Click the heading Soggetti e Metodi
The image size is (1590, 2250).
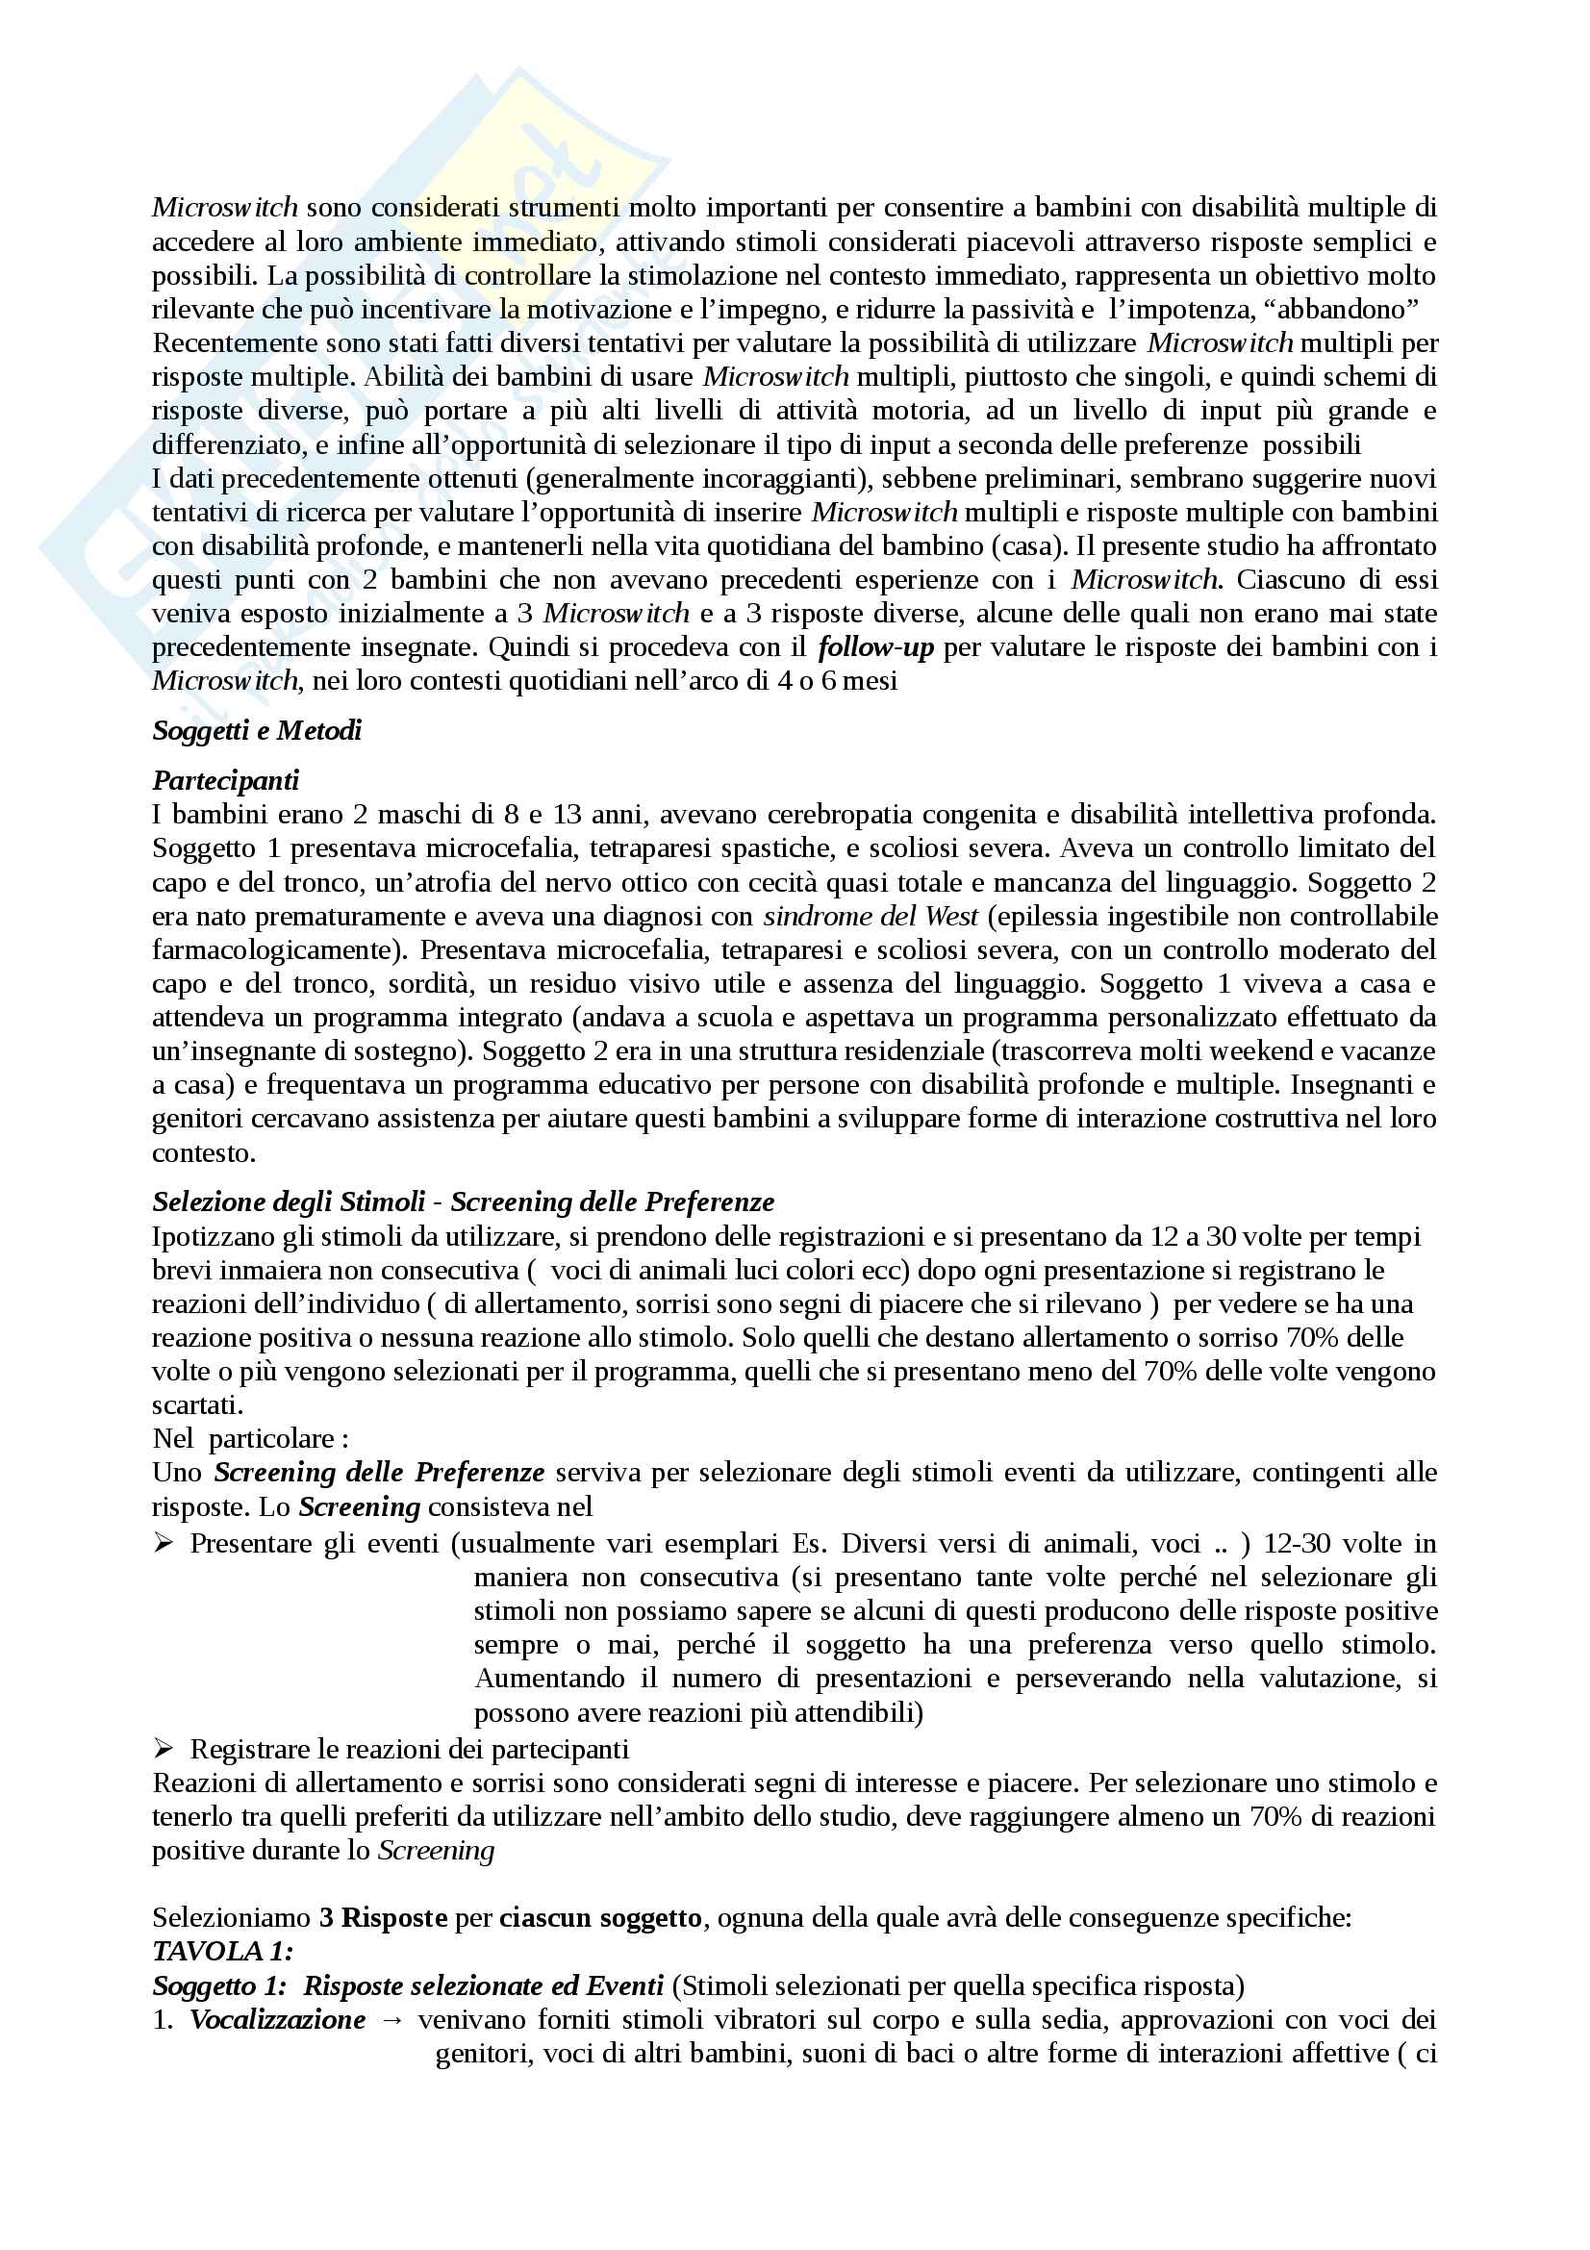[257, 730]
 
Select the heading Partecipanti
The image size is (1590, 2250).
[225, 780]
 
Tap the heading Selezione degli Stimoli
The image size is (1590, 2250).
[289, 1201]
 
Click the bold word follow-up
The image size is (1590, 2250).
[875, 646]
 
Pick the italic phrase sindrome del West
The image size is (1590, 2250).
[870, 917]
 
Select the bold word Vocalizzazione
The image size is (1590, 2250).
[277, 2019]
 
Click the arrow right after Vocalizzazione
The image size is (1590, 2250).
[391, 2020]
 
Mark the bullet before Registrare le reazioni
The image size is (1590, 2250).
[164, 1748]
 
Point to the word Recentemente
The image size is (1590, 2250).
[235, 343]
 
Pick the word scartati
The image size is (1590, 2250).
[197, 1404]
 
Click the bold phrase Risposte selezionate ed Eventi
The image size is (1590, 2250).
[483, 1985]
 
